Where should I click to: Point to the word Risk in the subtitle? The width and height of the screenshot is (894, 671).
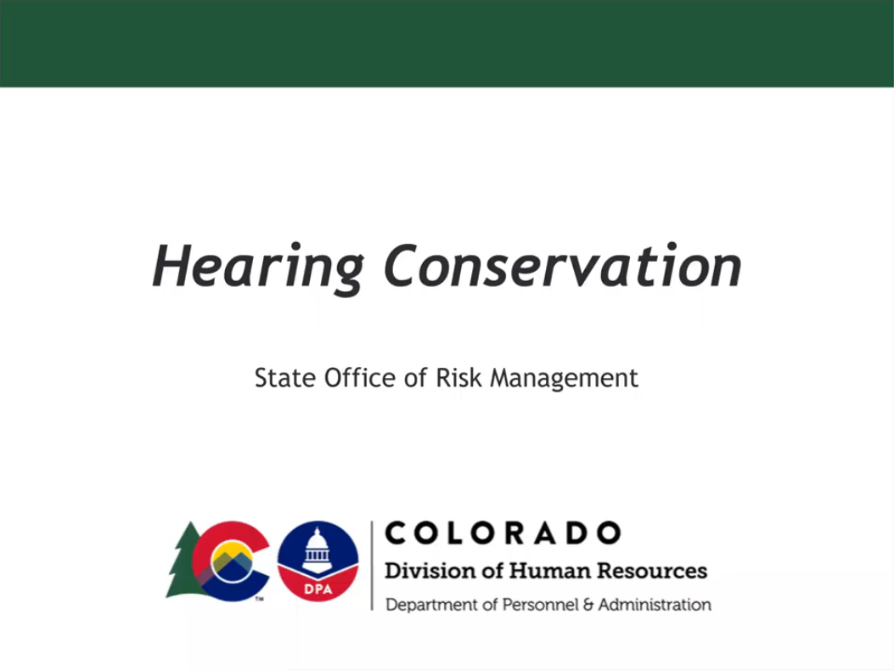[454, 378]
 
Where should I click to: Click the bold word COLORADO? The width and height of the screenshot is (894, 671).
[503, 533]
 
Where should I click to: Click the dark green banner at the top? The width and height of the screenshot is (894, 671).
[447, 42]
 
